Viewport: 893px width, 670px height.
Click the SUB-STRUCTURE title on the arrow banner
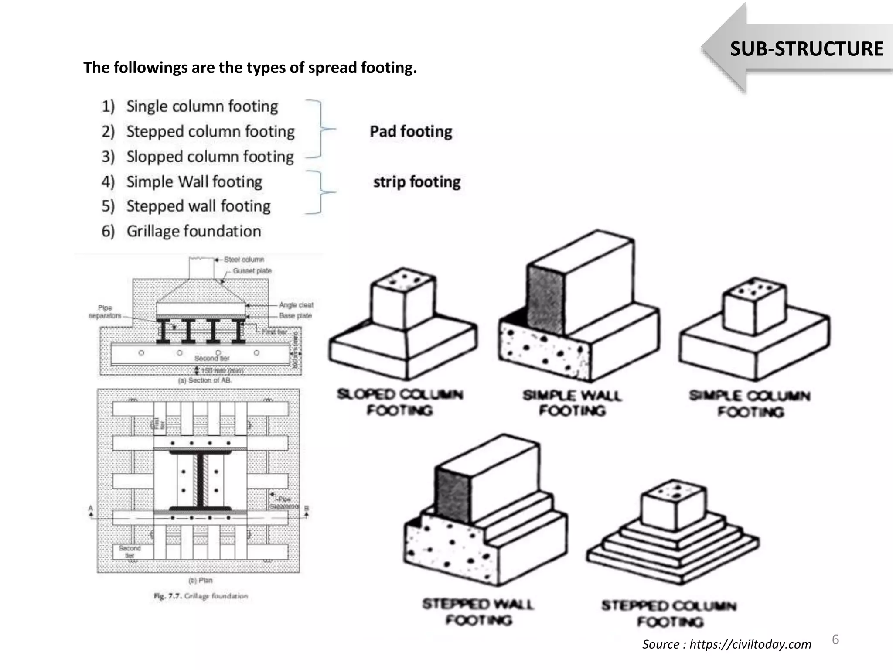click(806, 49)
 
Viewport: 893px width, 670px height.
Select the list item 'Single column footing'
click(202, 106)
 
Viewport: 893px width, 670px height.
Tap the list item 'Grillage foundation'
click(194, 231)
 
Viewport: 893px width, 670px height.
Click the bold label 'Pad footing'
click(411, 131)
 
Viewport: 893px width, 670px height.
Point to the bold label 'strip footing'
click(417, 182)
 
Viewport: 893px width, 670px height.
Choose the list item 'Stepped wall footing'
click(198, 206)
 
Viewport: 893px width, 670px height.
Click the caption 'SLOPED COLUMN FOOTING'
click(399, 402)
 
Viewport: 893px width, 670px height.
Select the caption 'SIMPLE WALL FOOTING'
click(572, 403)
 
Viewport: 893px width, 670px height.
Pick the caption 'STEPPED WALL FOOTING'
click(478, 612)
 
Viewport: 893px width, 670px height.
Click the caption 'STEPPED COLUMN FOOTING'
click(669, 613)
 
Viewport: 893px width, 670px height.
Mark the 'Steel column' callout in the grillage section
click(244, 260)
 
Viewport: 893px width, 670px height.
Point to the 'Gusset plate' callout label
click(252, 271)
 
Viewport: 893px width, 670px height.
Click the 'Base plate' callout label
click(295, 316)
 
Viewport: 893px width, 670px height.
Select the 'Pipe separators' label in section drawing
click(105, 312)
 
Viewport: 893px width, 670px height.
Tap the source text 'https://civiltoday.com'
click(750, 644)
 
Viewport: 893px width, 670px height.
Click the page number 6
click(835, 639)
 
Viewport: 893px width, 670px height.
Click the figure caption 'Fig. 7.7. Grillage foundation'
click(201, 596)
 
